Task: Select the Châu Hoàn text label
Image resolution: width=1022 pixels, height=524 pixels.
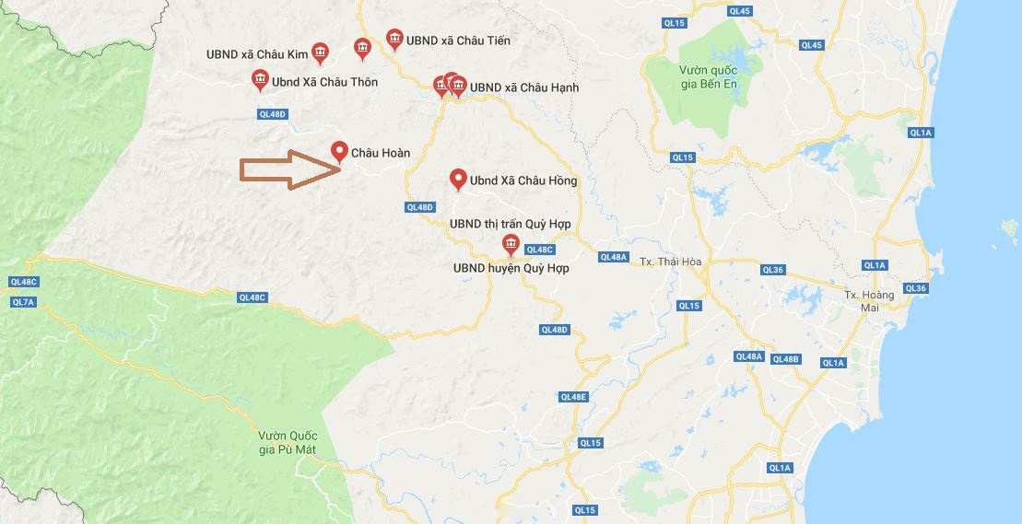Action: [381, 153]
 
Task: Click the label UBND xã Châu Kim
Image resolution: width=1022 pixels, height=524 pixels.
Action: [257, 54]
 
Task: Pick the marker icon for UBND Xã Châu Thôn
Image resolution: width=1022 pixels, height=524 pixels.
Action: [261, 81]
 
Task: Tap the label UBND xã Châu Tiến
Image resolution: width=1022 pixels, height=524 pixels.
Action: [458, 41]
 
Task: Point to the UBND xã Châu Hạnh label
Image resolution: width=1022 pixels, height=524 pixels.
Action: [523, 87]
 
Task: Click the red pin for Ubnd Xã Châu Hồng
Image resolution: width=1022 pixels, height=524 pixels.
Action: [457, 180]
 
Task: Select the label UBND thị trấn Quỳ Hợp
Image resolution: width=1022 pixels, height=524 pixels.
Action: [511, 224]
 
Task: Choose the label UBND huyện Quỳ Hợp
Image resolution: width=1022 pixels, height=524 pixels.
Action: [511, 268]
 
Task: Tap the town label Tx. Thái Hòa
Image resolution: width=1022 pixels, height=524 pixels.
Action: [671, 262]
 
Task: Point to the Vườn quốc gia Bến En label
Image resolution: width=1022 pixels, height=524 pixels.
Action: [708, 76]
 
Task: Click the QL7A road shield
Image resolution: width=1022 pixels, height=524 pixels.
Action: [23, 302]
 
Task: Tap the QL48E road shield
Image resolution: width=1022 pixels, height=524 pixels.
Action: [573, 397]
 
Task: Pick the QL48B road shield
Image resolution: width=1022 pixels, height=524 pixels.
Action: [786, 358]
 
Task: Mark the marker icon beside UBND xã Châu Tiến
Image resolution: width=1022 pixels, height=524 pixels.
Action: [394, 39]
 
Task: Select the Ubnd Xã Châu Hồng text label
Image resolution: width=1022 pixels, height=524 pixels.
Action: [523, 180]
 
